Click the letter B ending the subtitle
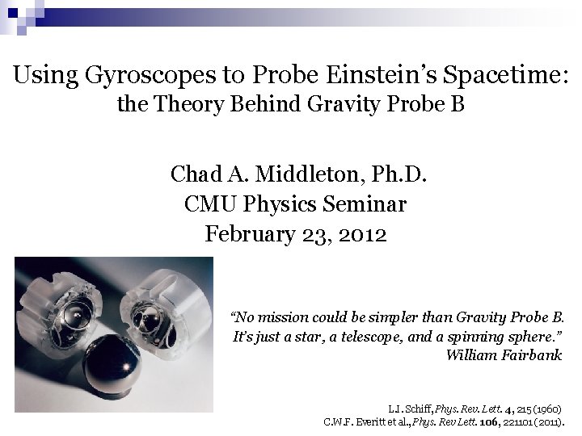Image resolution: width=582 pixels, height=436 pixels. coord(457,104)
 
